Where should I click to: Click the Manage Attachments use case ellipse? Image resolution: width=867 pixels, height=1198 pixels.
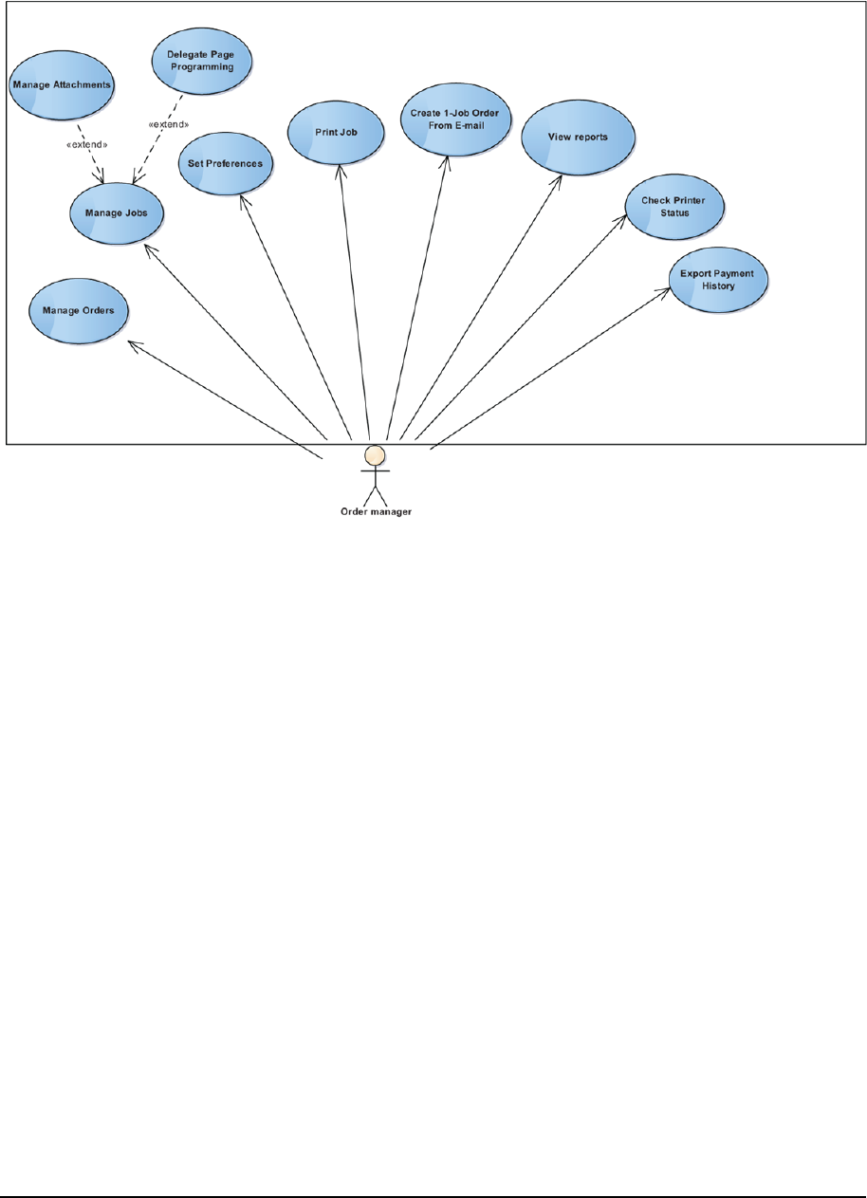pos(62,84)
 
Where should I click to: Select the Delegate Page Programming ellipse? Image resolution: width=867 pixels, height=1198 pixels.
pos(201,60)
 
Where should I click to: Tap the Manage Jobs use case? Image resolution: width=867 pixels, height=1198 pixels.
pos(117,211)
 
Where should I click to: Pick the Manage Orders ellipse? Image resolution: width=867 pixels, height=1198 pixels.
pos(79,309)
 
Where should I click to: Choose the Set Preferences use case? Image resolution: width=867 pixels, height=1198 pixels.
pos(226,163)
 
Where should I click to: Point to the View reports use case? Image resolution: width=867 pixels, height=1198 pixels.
pos(578,137)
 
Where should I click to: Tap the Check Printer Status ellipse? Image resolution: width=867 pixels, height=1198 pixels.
pos(675,206)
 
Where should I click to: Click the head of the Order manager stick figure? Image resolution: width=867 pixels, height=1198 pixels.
pos(376,454)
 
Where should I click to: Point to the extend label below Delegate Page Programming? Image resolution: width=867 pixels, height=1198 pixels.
pos(169,123)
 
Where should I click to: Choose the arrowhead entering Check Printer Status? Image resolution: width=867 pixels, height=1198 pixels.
pos(624,217)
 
